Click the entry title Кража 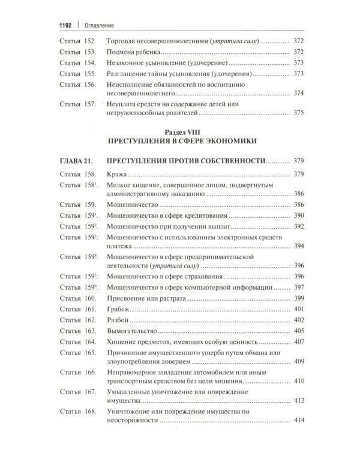pos(116,174)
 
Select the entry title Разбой pos(118,322)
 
